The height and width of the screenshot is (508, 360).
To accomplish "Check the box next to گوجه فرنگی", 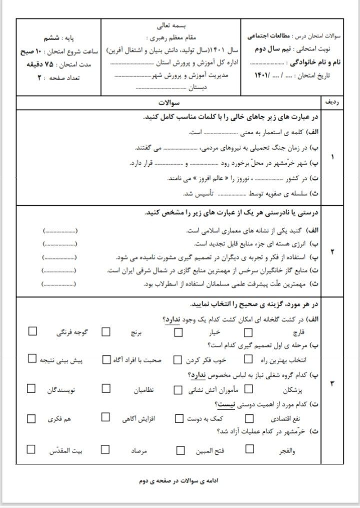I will click(33, 331).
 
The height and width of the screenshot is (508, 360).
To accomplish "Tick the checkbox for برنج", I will click(106, 331).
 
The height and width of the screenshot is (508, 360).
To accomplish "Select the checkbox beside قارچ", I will click(248, 331).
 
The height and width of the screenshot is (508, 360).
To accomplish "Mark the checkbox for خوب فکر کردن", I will click(177, 359).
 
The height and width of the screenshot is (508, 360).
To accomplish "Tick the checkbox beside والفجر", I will click(248, 449).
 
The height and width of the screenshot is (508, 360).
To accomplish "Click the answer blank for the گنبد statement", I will click(60, 231).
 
